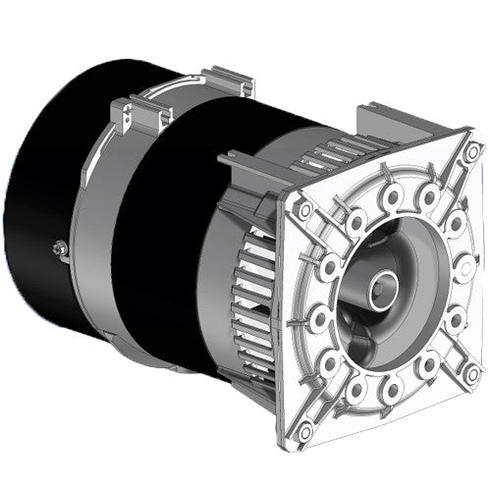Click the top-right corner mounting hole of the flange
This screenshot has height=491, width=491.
click(472, 152)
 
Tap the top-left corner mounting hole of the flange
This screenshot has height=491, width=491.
click(304, 209)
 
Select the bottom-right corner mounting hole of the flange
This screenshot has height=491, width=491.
click(472, 371)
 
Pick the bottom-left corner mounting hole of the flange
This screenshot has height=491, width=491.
click(305, 429)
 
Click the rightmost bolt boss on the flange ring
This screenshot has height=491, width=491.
click(464, 265)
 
